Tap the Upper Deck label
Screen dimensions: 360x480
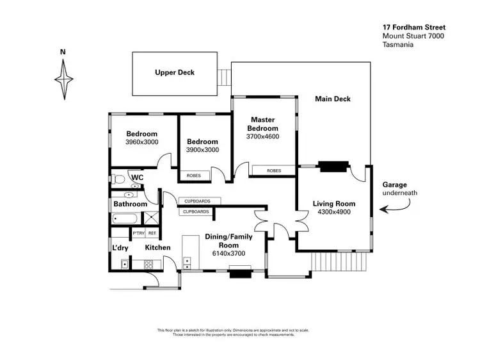point(174,72)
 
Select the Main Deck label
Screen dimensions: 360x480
point(333,99)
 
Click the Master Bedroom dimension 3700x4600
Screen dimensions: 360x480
point(262,136)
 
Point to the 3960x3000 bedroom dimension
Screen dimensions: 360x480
point(141,142)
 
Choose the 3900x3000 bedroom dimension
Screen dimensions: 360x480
point(202,150)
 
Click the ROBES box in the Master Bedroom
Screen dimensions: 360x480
point(274,170)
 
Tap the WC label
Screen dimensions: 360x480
point(137,177)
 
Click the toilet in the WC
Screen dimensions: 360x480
point(117,179)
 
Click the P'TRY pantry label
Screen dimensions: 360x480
point(139,233)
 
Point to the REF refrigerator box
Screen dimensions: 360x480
point(152,233)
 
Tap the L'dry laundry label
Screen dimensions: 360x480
point(120,247)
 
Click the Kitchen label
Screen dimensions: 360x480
point(157,247)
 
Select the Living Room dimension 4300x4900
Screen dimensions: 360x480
point(333,212)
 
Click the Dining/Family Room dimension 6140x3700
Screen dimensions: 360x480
point(228,253)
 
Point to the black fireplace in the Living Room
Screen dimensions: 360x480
point(333,167)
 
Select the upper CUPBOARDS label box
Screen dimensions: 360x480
point(197,201)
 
